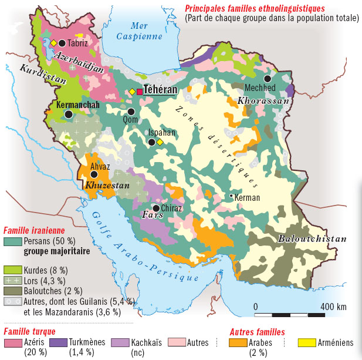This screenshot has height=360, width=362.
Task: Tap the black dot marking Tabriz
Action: (62, 43)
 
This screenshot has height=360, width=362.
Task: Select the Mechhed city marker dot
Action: (268, 78)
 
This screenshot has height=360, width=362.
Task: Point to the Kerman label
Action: (246, 198)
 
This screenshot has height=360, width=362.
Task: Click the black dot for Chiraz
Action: (155, 208)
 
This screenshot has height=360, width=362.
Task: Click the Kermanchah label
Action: (77, 105)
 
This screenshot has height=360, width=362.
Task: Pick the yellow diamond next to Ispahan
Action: (160, 143)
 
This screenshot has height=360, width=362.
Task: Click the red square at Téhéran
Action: (140, 91)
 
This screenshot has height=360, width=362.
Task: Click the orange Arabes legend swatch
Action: (238, 342)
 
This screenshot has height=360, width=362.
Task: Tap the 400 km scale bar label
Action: (333, 307)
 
